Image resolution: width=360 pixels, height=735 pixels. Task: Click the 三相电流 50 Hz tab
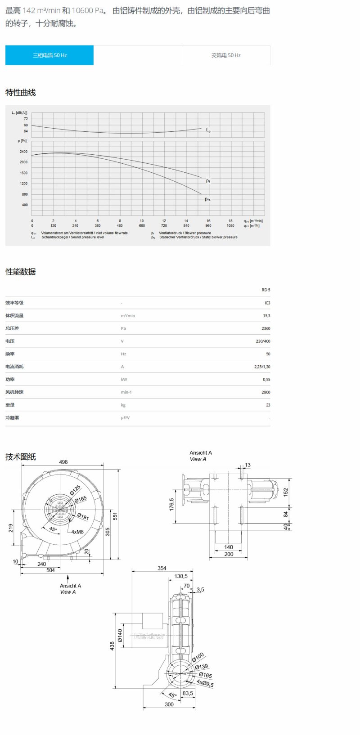tap(49, 55)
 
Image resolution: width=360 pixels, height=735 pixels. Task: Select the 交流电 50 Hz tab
tap(226, 55)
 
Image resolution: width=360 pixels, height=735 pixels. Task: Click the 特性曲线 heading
tap(20, 93)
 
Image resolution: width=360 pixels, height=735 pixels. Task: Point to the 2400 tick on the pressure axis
tap(23, 152)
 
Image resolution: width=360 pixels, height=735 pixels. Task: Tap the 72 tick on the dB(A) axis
tap(26, 119)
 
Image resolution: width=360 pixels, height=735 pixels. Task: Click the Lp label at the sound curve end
tap(208, 130)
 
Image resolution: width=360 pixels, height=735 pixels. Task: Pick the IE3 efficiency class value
tap(267, 303)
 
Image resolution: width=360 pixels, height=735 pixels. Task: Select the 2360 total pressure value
tap(266, 328)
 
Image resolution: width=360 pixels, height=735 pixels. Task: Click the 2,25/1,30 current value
tap(262, 367)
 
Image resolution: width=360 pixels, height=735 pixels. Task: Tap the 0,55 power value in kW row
tap(266, 380)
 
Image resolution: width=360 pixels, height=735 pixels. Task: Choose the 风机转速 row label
tap(14, 392)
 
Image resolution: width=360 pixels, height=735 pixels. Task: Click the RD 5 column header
tap(266, 290)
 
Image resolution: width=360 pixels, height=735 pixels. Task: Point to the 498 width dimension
tap(63, 462)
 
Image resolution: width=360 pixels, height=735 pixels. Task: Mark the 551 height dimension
tap(115, 516)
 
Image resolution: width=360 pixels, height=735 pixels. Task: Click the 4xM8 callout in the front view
tap(77, 532)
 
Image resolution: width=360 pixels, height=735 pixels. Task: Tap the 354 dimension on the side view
tap(162, 568)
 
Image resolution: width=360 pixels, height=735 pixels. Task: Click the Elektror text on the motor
tap(149, 636)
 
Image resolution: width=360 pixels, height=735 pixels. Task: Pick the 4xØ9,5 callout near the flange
tap(205, 684)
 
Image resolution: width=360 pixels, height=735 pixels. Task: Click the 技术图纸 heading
tap(20, 457)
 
